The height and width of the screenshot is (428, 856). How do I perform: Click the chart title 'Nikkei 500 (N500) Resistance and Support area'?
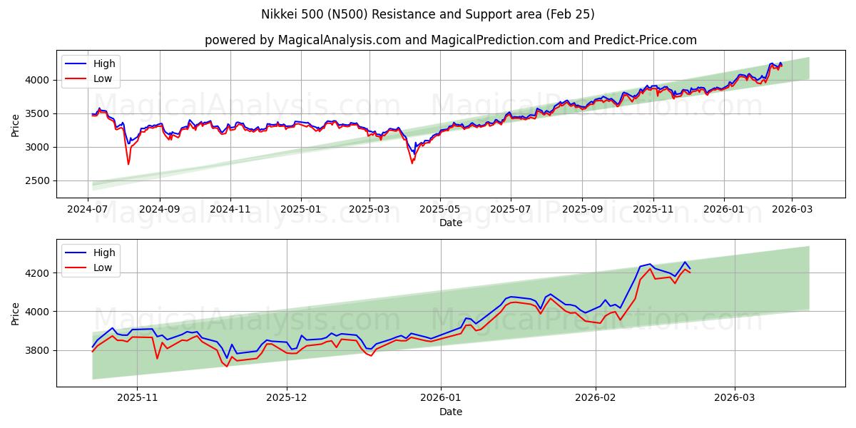(x=427, y=14)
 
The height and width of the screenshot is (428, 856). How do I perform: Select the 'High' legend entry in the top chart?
(x=104, y=63)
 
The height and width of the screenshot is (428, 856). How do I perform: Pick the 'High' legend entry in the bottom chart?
(x=104, y=253)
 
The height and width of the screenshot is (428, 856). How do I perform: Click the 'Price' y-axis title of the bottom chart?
(x=16, y=313)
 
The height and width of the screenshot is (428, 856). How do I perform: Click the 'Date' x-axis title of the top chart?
(x=450, y=223)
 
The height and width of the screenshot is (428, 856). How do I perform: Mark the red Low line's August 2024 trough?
(x=128, y=164)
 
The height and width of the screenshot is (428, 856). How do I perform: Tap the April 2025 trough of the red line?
(x=412, y=163)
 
